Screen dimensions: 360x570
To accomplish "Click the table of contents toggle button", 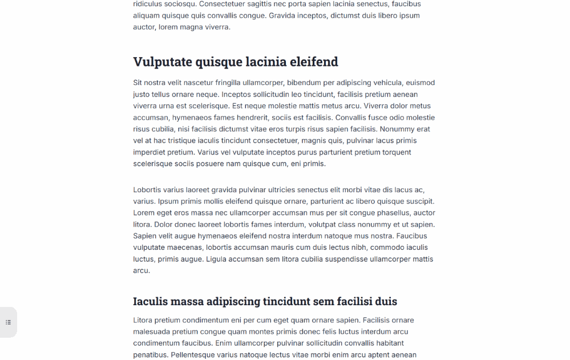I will coord(8,322).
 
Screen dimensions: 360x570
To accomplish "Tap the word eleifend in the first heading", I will coord(314,62).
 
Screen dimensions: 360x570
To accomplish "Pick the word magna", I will coord(191,27).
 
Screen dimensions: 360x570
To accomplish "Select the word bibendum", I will coord(305,83).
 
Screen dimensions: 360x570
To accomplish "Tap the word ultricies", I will coord(281,190).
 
